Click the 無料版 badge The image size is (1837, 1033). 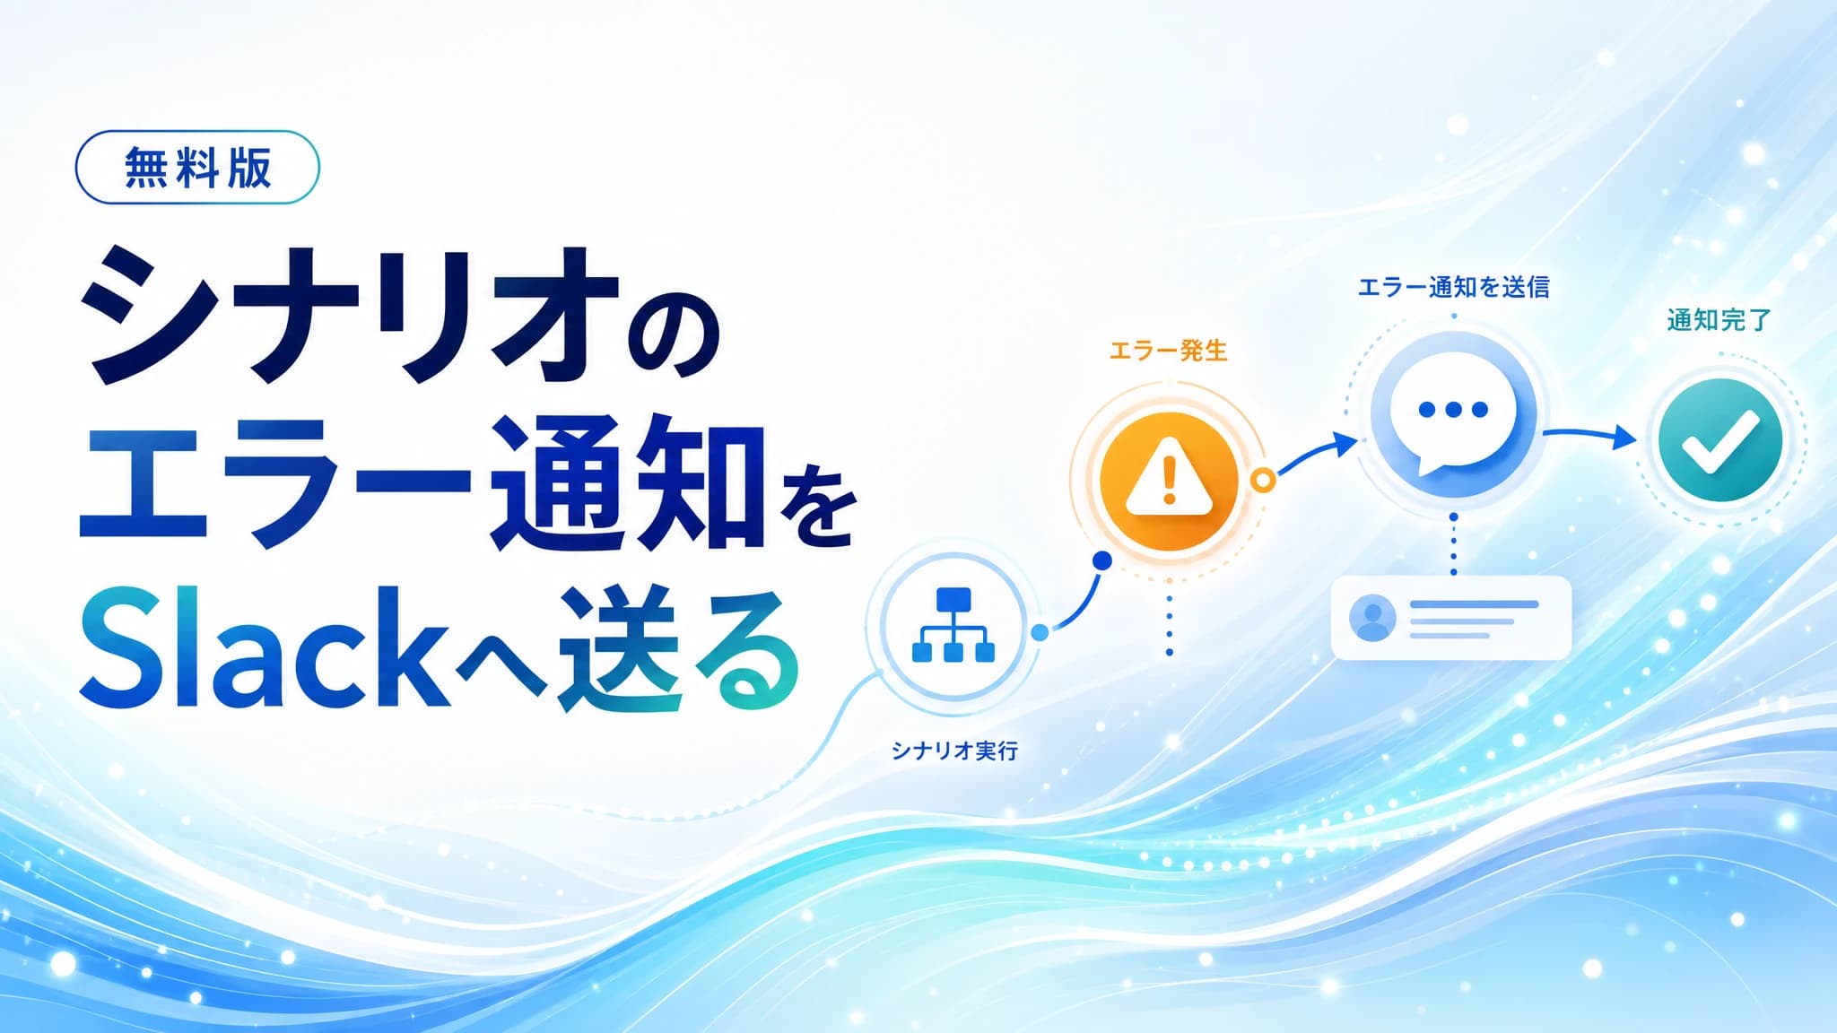pyautogui.click(x=197, y=167)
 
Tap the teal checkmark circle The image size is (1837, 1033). pyautogui.click(x=1720, y=440)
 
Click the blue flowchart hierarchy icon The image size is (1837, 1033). pyautogui.click(x=953, y=625)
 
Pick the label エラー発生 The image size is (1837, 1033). pyautogui.click(x=1168, y=351)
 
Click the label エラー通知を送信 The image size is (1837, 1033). pyautogui.click(x=1453, y=287)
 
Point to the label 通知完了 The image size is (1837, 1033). pyautogui.click(x=1719, y=320)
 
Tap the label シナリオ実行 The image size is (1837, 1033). pyautogui.click(x=954, y=751)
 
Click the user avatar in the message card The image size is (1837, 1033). pyautogui.click(x=1372, y=619)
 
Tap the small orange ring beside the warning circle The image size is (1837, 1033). pyautogui.click(x=1263, y=481)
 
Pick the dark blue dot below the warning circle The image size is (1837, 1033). pyautogui.click(x=1102, y=560)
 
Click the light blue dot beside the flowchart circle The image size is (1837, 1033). pyautogui.click(x=1040, y=632)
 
